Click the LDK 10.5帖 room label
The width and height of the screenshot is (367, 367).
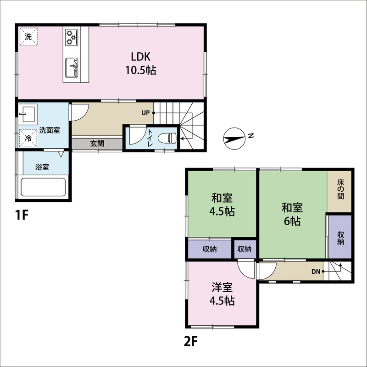(x=141, y=63)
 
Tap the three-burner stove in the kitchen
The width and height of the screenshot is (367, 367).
(x=72, y=37)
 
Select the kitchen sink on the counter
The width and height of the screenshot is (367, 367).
(x=72, y=68)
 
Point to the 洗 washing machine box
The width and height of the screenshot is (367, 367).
(x=28, y=37)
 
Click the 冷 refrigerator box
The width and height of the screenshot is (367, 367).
(x=28, y=139)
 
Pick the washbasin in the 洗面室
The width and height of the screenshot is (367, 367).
(x=28, y=113)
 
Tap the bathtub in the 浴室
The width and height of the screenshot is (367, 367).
(x=43, y=187)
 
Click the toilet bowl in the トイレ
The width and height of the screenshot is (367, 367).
(x=167, y=138)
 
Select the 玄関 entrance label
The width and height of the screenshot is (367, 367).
(x=97, y=144)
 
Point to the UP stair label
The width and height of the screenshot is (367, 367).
(x=145, y=113)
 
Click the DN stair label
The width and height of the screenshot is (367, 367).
(x=316, y=272)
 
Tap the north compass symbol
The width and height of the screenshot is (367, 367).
(x=234, y=139)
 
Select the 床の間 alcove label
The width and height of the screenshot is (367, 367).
(x=341, y=189)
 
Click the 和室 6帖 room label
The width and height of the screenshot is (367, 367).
(x=292, y=214)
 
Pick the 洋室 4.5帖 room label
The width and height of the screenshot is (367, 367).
(x=222, y=294)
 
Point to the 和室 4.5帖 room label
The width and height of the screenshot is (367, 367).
(x=222, y=205)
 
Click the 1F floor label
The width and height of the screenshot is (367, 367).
(x=22, y=215)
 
